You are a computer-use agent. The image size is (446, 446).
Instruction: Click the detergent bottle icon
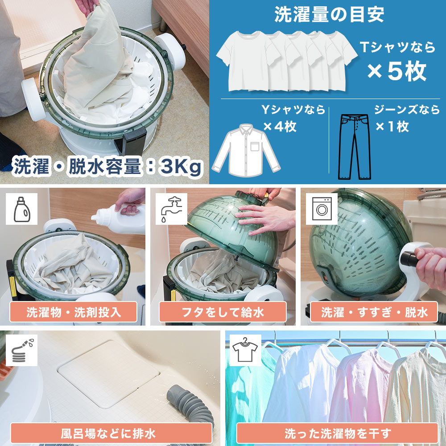click(x=21, y=209)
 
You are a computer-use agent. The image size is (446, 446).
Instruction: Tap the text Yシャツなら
click(x=293, y=110)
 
